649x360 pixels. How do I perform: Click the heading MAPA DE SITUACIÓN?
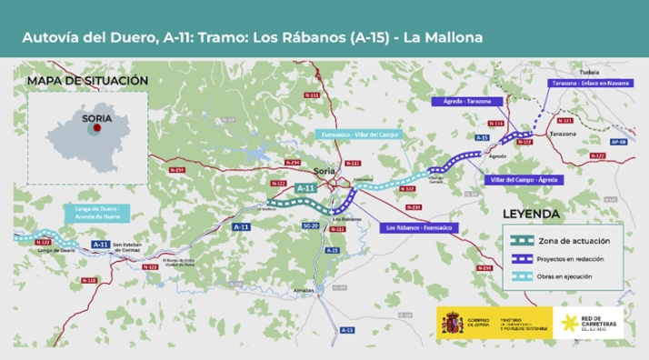pos(87,81)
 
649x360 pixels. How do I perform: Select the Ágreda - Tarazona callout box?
pos(464,102)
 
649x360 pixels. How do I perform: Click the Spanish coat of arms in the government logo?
pos(451,322)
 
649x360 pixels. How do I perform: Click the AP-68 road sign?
pos(618,143)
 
